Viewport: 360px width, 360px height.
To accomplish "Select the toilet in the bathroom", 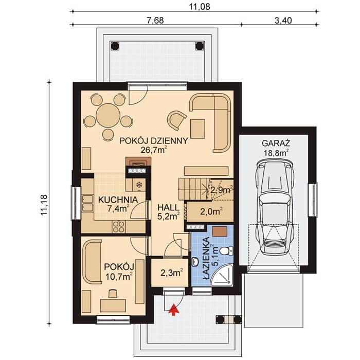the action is [x=226, y=250].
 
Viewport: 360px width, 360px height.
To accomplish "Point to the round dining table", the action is [x=108, y=115].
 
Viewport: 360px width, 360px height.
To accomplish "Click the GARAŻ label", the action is [x=276, y=143].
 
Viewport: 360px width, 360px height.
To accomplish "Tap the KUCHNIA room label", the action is [x=118, y=200].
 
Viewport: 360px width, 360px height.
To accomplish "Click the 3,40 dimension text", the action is [x=283, y=21].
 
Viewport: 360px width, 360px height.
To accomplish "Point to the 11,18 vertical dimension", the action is [x=44, y=204].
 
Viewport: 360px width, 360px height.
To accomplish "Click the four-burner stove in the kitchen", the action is [x=119, y=227].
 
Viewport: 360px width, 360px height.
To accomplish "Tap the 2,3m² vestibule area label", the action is [x=171, y=273].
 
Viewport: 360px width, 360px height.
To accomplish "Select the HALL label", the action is [x=168, y=207].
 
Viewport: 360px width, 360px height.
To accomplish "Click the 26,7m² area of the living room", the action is [x=154, y=150].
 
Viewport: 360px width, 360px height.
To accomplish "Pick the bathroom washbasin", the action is [x=195, y=262].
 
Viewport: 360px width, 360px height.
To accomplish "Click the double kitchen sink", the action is [x=87, y=203].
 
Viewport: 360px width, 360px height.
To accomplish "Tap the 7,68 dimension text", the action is [x=155, y=21].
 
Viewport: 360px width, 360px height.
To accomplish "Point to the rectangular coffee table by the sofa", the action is [x=197, y=129].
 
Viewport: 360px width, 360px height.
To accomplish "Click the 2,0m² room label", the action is [x=211, y=211].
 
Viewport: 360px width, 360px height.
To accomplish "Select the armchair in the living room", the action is [x=176, y=120].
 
